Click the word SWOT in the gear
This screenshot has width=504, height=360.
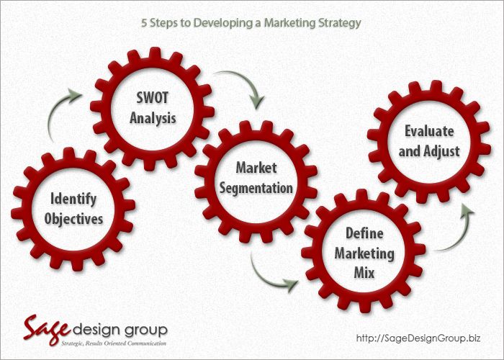153,97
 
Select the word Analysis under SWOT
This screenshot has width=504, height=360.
153,117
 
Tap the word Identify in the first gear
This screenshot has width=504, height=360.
73,199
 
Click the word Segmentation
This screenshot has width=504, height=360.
256,189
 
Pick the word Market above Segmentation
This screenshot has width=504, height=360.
256,168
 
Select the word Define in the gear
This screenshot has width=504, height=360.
364,233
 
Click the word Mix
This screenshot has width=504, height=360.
364,273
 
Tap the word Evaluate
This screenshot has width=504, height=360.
429,131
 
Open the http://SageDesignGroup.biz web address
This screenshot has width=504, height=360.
418,338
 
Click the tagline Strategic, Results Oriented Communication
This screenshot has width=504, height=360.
114,343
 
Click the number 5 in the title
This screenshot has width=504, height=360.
145,23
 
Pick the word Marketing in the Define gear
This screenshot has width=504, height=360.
364,253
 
